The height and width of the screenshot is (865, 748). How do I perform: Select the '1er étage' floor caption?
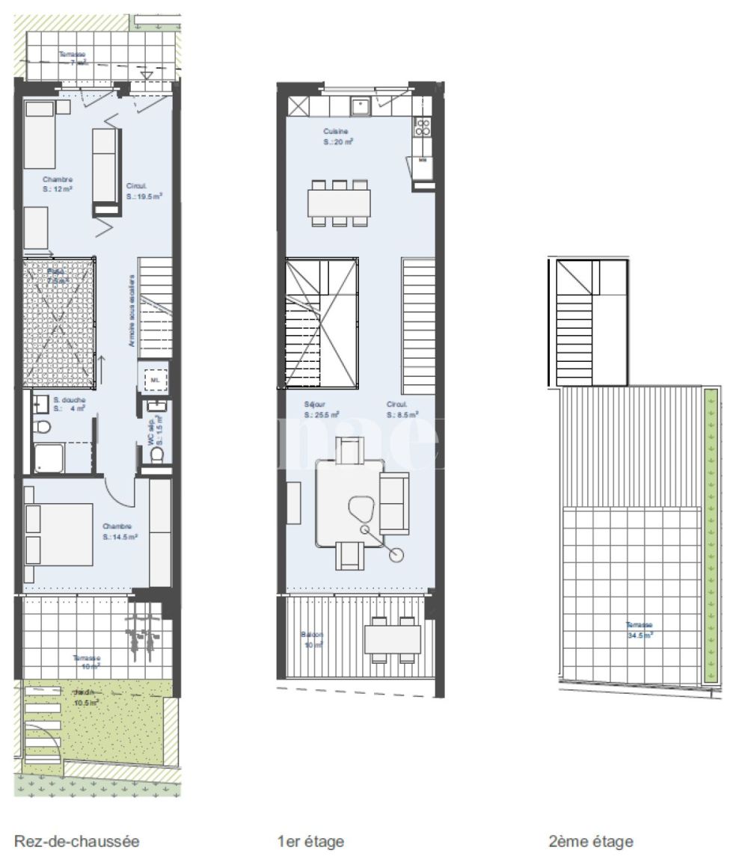[x=310, y=841]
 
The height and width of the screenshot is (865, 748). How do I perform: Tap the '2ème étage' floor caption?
[x=591, y=841]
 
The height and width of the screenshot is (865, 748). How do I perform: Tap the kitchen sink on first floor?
[x=362, y=105]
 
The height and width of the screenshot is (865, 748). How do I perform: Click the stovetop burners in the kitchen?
[x=423, y=126]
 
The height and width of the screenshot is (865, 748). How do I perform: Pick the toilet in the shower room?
[x=43, y=428]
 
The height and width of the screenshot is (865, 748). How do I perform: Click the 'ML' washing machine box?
[x=155, y=380]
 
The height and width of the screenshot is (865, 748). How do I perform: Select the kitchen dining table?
[x=339, y=203]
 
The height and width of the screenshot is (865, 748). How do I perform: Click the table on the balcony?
[x=393, y=639]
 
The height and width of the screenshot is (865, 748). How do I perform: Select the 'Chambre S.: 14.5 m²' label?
[x=120, y=531]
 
